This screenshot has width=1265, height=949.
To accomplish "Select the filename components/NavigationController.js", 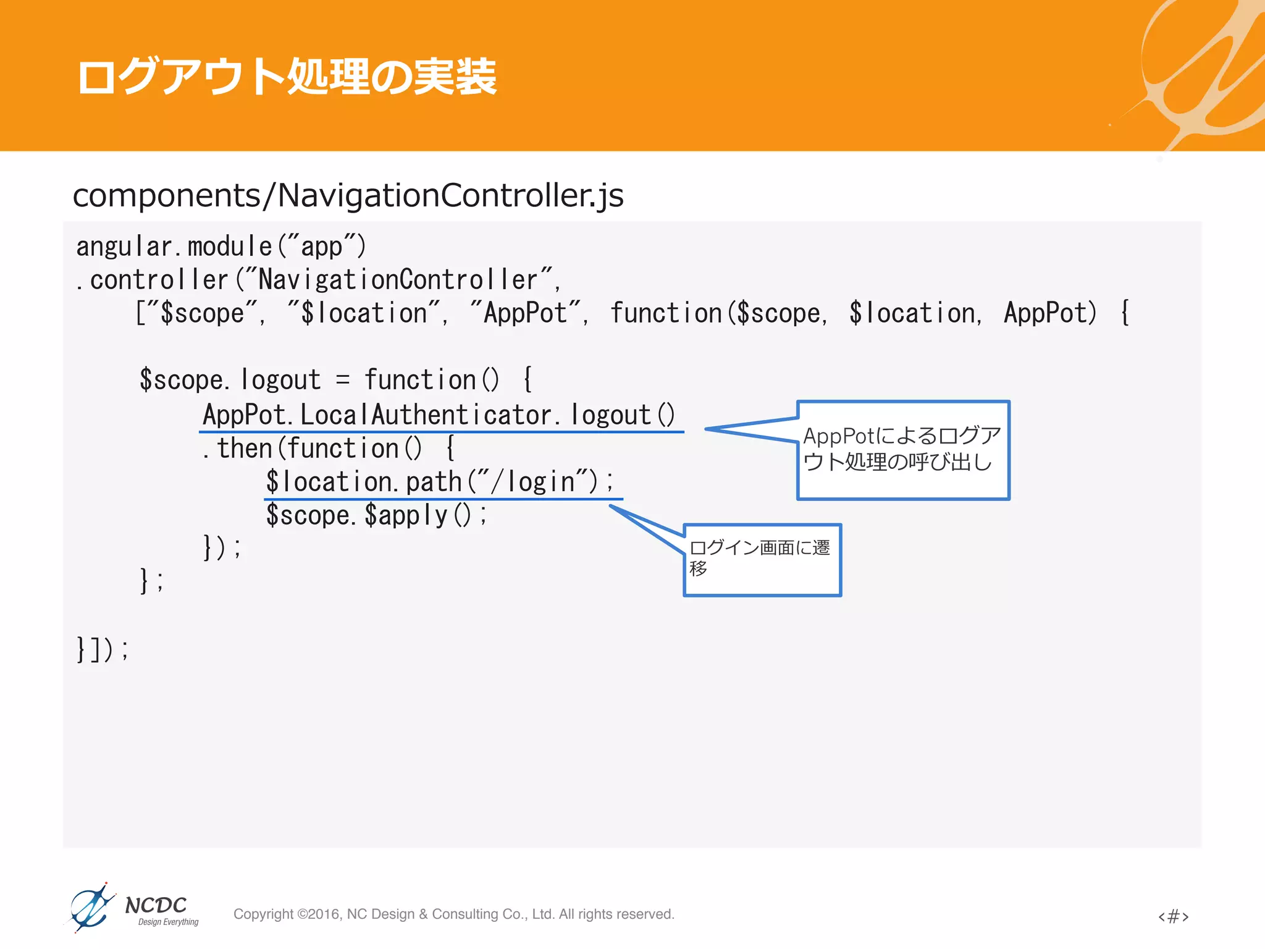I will (x=348, y=195).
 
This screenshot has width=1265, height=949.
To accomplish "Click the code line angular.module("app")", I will (x=221, y=247).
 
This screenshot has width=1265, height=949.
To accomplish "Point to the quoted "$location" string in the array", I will (x=365, y=313).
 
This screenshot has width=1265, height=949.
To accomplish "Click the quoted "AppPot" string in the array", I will (x=526, y=313).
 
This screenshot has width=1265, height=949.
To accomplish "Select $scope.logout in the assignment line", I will (x=230, y=380).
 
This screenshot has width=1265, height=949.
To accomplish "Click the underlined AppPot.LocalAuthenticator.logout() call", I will (x=439, y=415).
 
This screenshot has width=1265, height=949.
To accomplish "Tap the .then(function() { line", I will (x=328, y=448).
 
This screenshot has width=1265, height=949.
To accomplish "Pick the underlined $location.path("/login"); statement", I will (x=440, y=482).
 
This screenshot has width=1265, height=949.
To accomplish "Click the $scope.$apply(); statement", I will (x=376, y=515).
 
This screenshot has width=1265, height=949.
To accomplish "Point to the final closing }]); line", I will (x=102, y=649).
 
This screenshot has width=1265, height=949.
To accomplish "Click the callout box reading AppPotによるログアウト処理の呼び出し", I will (x=902, y=450).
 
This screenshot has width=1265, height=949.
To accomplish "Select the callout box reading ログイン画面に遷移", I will (x=762, y=559).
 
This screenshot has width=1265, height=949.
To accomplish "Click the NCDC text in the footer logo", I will (x=156, y=905).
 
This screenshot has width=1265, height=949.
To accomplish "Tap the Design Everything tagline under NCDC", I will (x=168, y=922).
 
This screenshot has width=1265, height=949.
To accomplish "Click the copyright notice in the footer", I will (x=453, y=914).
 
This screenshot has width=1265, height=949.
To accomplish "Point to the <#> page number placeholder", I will (x=1173, y=916).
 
